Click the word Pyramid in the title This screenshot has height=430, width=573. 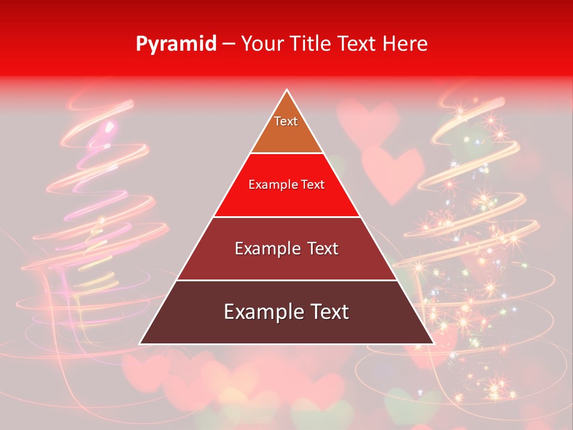point(176,44)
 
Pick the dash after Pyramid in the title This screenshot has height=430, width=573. point(229,44)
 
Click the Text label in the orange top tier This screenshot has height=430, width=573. point(286,121)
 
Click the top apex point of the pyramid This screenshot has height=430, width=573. point(286,90)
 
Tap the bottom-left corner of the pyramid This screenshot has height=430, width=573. point(140,343)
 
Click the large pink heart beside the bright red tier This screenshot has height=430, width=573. point(392,170)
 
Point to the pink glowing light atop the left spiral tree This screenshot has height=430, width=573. point(109,127)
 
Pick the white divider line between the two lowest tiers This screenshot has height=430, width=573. point(286,280)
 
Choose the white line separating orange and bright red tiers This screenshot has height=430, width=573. point(286,153)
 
